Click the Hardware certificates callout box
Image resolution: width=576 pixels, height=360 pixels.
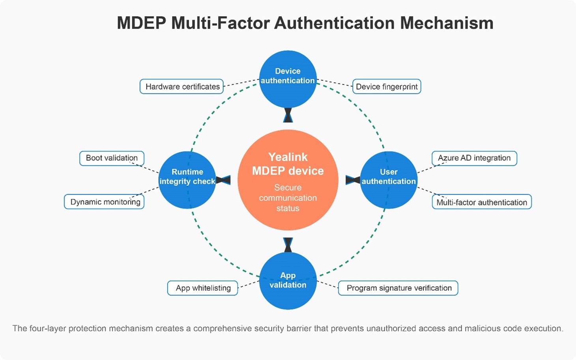pos(182,87)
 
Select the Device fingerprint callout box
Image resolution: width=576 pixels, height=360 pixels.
pos(387,87)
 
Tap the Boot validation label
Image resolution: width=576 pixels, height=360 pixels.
pos(112,158)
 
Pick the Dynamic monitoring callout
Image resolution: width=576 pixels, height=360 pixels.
pos(105,202)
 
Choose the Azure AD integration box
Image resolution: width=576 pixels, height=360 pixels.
pos(474,158)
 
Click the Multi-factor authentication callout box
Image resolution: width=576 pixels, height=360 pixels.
pos(482,202)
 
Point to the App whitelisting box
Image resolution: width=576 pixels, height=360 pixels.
pos(203,288)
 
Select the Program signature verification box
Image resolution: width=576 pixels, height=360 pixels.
pos(398,288)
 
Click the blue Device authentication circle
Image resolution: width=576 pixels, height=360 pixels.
pos(288,79)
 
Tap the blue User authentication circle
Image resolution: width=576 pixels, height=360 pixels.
pos(389,180)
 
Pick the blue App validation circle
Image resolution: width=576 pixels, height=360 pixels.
pos(288,281)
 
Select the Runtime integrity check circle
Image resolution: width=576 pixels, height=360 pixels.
pos(187,180)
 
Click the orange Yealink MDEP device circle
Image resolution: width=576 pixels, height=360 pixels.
pos(288,180)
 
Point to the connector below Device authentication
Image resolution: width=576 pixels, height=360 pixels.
pos(288,115)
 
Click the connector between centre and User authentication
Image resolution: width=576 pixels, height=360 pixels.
pos(353,180)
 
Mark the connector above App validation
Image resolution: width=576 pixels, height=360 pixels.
pos(288,244)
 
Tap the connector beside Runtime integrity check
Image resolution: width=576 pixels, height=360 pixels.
pos(223,180)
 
